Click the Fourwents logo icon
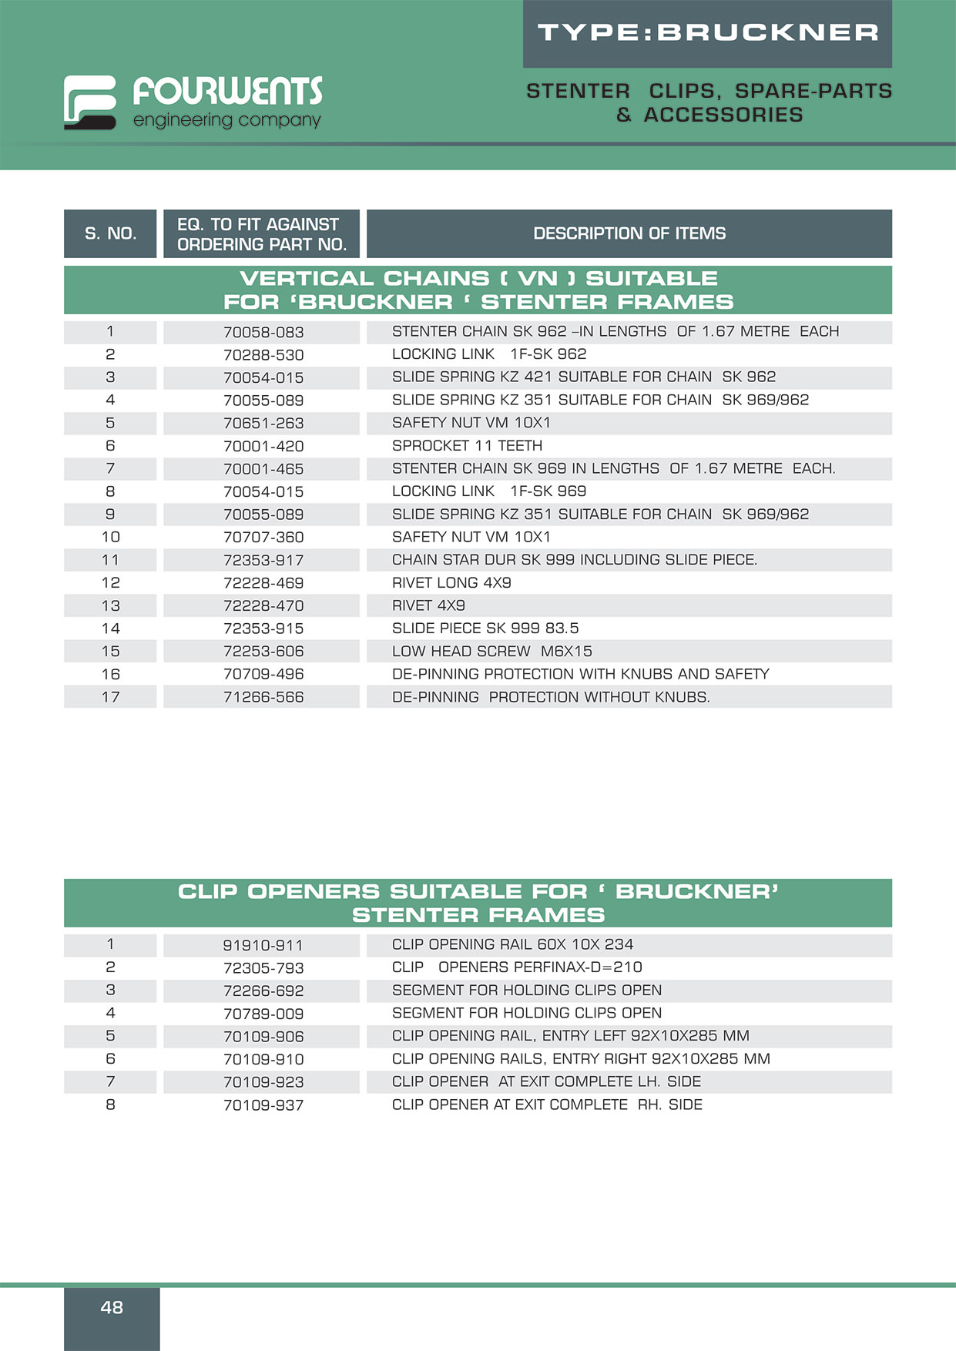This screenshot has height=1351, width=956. pyautogui.click(x=89, y=102)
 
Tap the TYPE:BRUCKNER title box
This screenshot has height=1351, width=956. pyautogui.click(x=707, y=33)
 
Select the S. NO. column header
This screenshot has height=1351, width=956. pyautogui.click(x=110, y=233)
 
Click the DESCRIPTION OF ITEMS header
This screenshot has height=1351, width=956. pyautogui.click(x=629, y=233)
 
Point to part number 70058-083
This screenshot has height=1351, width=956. pyautogui.click(x=263, y=332)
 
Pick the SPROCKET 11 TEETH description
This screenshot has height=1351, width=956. pyautogui.click(x=467, y=446)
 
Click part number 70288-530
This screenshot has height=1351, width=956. pyautogui.click(x=263, y=355)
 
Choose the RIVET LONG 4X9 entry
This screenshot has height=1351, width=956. pyautogui.click(x=451, y=583)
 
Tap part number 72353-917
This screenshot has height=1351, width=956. pyautogui.click(x=263, y=560)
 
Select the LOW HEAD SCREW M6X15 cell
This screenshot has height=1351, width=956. pyautogui.click(x=491, y=652)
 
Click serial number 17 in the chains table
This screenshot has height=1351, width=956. pyautogui.click(x=110, y=697)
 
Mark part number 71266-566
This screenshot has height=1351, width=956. pyautogui.click(x=263, y=697)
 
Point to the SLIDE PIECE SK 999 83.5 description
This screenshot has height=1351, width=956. pyautogui.click(x=485, y=629)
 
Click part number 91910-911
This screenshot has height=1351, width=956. pyautogui.click(x=263, y=945)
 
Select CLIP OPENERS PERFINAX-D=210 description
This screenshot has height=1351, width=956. pyautogui.click(x=517, y=967)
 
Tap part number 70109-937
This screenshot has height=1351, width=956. pyautogui.click(x=263, y=1105)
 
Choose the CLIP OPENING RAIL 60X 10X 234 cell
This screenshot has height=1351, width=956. pyautogui.click(x=512, y=944)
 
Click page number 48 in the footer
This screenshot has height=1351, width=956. pyautogui.click(x=112, y=1307)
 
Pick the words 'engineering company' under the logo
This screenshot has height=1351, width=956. pyautogui.click(x=226, y=120)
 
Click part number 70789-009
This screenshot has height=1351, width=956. pyautogui.click(x=263, y=1014)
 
